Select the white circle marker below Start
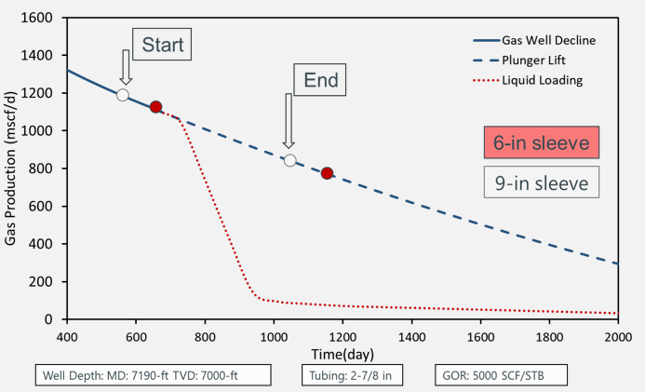123,95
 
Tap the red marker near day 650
156,107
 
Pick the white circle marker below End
290,160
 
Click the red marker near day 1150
327,173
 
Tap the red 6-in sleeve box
540,142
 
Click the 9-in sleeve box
540,183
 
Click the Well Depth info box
155,376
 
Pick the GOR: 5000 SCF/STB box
499,376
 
